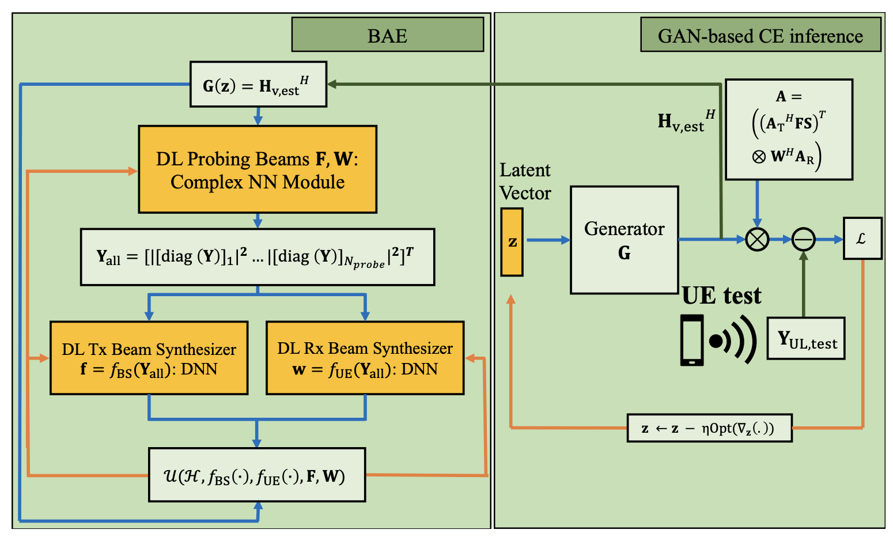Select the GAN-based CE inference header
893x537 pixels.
760,35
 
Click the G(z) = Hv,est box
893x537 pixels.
258,85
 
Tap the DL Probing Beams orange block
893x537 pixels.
258,169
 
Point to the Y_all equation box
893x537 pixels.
257,257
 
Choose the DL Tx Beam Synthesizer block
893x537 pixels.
149,358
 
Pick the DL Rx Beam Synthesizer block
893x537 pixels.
365,358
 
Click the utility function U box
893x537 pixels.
257,475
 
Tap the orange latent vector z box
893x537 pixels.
512,242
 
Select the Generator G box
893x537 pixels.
624,240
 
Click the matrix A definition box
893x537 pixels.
788,130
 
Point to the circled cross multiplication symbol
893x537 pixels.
757,239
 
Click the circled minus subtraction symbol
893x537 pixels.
803,239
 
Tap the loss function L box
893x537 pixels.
862,239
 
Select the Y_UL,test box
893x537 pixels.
805,339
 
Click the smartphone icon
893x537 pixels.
692,340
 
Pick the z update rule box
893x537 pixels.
709,428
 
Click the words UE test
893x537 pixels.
721,296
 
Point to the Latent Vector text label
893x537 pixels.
525,181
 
